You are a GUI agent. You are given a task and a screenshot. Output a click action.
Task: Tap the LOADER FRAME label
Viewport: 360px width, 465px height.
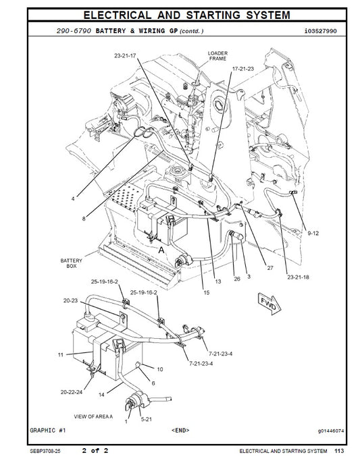coord(218,55)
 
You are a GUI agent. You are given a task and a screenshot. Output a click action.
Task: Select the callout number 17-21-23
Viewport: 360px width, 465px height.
coord(243,68)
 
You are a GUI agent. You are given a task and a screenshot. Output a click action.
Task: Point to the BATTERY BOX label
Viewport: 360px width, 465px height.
coord(71,263)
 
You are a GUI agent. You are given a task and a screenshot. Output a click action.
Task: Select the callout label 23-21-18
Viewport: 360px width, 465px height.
coord(297,277)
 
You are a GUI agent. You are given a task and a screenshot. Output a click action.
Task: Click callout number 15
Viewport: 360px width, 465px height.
coord(206,292)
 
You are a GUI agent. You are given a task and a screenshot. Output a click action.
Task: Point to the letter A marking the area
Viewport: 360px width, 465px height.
coord(161,249)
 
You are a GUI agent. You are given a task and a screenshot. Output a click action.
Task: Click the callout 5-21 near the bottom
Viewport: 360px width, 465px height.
coord(146,419)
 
